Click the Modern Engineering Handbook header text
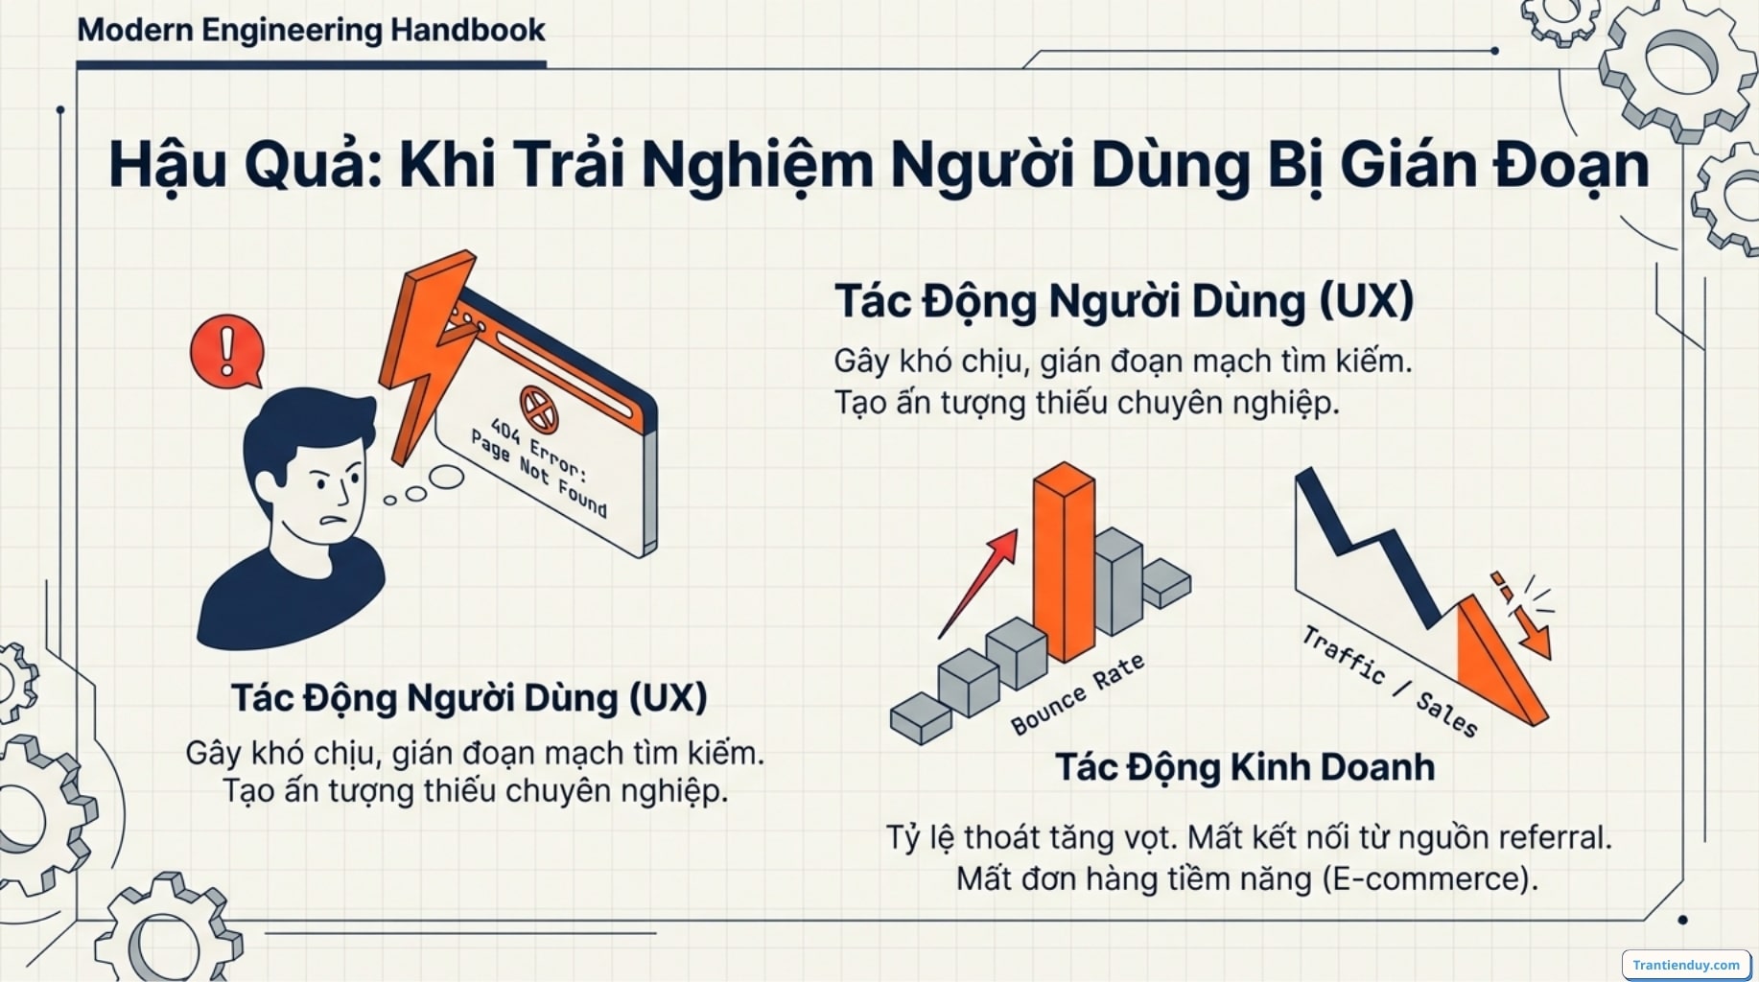[311, 30]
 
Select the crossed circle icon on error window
[538, 409]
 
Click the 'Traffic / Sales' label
[1388, 680]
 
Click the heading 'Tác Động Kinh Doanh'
[1244, 767]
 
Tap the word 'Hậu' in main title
[168, 165]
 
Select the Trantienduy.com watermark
[1685, 965]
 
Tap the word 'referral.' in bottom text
[1554, 837]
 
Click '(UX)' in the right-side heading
[1366, 301]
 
